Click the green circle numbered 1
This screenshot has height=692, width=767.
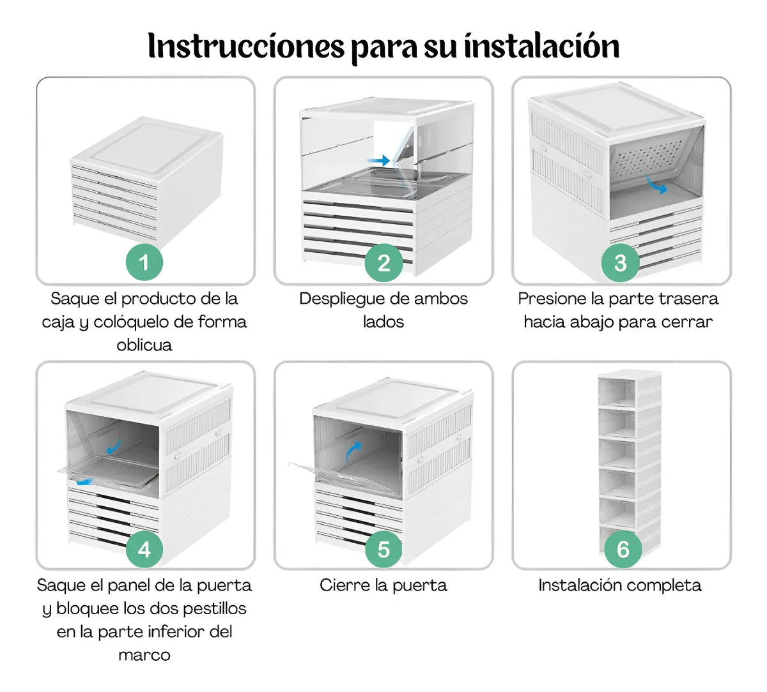tap(144, 262)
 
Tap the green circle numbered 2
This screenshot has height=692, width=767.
tap(383, 262)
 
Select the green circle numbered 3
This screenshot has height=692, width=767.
tap(620, 262)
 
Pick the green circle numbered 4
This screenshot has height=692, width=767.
tap(144, 549)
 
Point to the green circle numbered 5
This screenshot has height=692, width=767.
tap(383, 549)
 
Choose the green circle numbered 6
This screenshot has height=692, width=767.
tap(623, 549)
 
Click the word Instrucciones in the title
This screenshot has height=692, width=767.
tap(246, 46)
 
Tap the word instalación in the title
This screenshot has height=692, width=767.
tap(542, 46)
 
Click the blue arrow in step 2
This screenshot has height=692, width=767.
tap(378, 160)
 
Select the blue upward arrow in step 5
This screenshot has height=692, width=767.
tap(353, 451)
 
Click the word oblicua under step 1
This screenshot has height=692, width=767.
tap(144, 345)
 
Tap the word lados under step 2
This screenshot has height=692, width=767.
tap(383, 322)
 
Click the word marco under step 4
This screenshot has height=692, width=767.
tap(144, 655)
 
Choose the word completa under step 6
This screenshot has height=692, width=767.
tap(664, 586)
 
